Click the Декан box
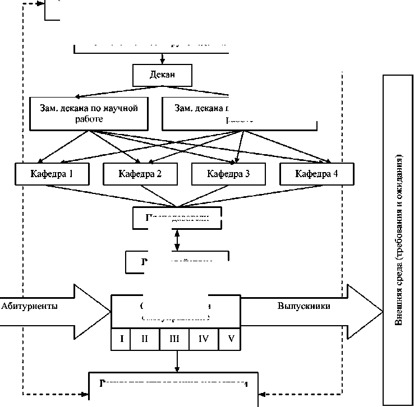pyautogui.click(x=162, y=73)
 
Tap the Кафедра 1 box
pyautogui.click(x=52, y=173)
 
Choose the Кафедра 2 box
pyautogui.click(x=140, y=173)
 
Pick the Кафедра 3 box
pyautogui.click(x=228, y=173)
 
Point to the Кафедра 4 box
pyautogui.click(x=316, y=173)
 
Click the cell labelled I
pyautogui.click(x=122, y=339)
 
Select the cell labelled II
pyautogui.click(x=145, y=339)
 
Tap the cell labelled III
pyautogui.click(x=174, y=339)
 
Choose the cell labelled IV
pyautogui.click(x=203, y=339)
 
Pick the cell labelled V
pyautogui.click(x=231, y=339)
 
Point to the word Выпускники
pyautogui.click(x=303, y=306)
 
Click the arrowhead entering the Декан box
pyautogui.click(x=162, y=62)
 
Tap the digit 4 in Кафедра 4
pyautogui.click(x=335, y=173)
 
